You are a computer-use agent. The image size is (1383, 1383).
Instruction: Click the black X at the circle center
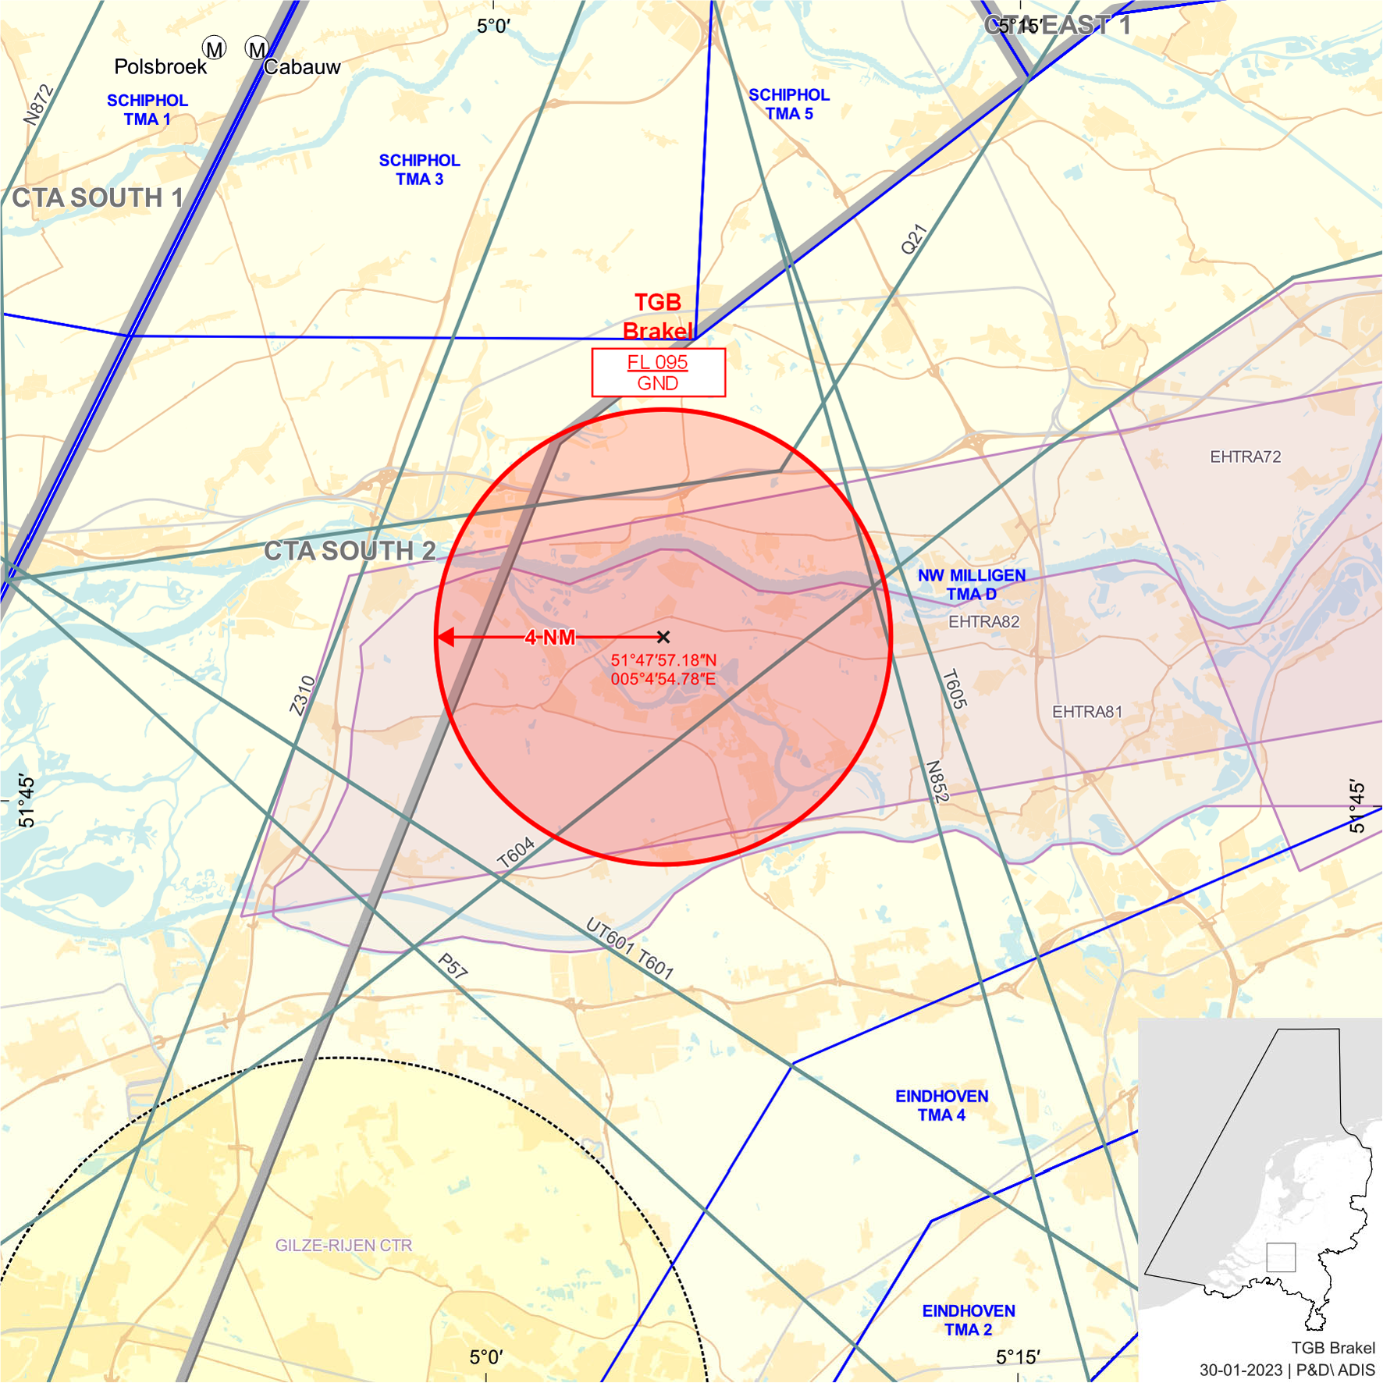[x=663, y=637]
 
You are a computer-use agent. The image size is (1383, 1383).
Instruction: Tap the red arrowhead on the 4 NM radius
[x=446, y=638]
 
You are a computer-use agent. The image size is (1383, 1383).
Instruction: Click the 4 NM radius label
[x=550, y=638]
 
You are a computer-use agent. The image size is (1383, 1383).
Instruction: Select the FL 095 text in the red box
[x=657, y=362]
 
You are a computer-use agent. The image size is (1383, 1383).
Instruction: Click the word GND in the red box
[x=657, y=383]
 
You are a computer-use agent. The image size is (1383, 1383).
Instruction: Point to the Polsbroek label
[x=160, y=66]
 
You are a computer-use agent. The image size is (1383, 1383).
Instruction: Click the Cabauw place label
[x=302, y=67]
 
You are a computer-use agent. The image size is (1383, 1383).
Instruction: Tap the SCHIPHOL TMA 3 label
[x=419, y=169]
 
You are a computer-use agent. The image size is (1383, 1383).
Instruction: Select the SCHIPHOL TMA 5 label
[x=789, y=104]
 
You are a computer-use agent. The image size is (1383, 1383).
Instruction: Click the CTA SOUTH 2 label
[x=350, y=550]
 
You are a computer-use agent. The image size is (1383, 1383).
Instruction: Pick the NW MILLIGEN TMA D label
[x=972, y=585]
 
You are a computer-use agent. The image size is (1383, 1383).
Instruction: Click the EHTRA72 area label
[x=1246, y=457]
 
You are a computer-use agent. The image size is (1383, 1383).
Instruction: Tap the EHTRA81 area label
[x=1087, y=712]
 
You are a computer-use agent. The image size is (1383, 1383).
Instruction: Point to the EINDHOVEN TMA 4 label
[x=942, y=1105]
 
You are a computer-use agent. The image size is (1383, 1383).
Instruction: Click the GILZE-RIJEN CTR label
[x=343, y=1245]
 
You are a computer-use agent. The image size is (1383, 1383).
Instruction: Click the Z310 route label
[x=303, y=695]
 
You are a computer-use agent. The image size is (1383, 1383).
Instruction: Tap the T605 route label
[x=955, y=689]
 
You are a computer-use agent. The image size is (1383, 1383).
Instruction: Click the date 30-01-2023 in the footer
[x=1241, y=1370]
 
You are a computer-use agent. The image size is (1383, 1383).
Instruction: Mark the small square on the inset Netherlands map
[x=1281, y=1257]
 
